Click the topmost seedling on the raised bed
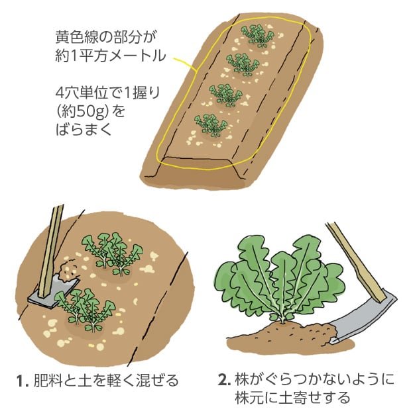[257, 36]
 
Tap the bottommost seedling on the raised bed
[211, 125]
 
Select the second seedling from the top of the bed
[243, 65]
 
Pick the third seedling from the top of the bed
[226, 95]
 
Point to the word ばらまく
[83, 130]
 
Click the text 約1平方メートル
[111, 56]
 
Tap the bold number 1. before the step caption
[23, 381]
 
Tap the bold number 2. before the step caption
[224, 380]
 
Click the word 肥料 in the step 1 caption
[48, 381]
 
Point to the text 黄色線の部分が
[105, 37]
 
